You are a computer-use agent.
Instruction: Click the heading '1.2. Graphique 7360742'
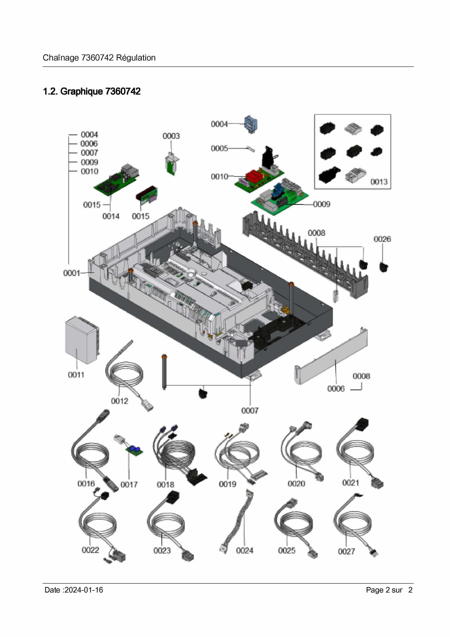(92, 92)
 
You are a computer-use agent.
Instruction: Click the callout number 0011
(76, 375)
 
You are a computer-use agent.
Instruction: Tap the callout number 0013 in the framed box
(379, 182)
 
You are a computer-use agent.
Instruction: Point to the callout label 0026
(382, 239)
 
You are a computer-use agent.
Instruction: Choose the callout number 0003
(171, 136)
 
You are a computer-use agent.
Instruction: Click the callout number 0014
(111, 216)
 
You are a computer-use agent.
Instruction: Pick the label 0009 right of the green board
(321, 204)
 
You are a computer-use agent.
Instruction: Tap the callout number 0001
(71, 273)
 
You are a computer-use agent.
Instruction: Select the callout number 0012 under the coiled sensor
(119, 401)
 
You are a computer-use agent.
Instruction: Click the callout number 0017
(129, 485)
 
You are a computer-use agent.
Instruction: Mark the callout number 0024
(244, 550)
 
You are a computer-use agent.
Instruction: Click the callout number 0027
(346, 551)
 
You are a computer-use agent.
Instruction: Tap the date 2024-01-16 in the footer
(84, 590)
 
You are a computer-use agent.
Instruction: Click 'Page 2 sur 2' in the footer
(389, 590)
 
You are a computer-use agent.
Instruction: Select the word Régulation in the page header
(136, 58)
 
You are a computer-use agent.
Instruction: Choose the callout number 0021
(350, 483)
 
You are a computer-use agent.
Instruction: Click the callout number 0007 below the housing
(250, 411)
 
